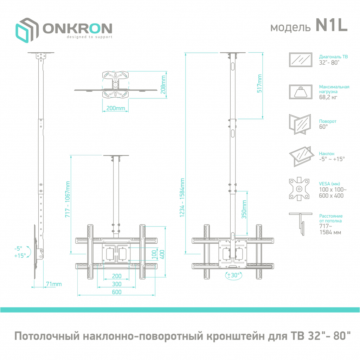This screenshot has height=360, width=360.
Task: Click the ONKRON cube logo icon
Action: (x=27, y=31)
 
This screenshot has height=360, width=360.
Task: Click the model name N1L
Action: (x=331, y=26)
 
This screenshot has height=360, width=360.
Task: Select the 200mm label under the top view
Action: (x=116, y=108)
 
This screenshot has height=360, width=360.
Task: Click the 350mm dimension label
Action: (x=244, y=210)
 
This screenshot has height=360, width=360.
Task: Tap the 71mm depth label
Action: (x=53, y=284)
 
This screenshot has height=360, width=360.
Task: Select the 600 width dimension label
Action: (x=117, y=292)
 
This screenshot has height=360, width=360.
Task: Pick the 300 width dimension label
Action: (x=117, y=284)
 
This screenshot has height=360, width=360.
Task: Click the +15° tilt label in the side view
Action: (x=20, y=256)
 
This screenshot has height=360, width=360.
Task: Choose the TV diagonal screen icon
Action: (x=300, y=60)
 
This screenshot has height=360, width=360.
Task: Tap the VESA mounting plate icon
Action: (x=299, y=189)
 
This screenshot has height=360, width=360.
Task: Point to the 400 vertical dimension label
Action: (x=162, y=254)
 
